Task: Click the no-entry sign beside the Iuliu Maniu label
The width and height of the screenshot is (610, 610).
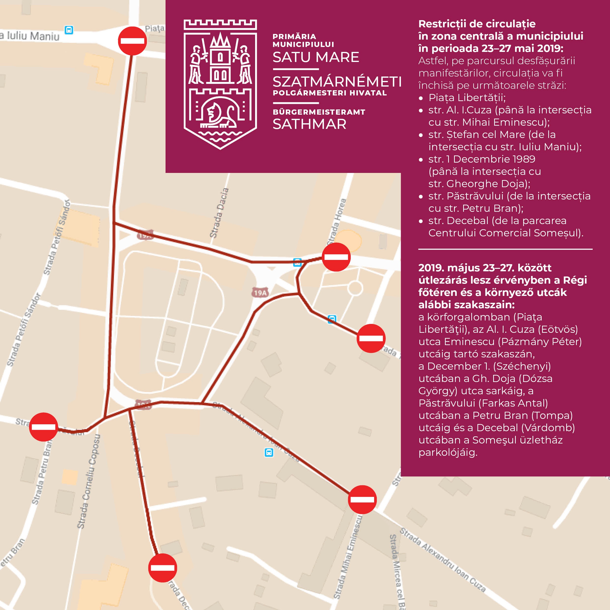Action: (132, 41)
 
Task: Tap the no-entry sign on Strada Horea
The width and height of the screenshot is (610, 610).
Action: (336, 257)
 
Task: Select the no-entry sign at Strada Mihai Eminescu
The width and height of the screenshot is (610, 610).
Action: (362, 500)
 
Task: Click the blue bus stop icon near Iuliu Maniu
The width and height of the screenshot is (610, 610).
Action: (69, 30)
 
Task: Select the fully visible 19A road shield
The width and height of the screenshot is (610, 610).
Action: (260, 293)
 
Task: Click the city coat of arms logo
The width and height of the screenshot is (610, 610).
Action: (220, 84)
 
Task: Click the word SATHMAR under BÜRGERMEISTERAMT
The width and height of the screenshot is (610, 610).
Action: (309, 124)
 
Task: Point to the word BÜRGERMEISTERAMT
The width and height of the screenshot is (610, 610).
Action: (319, 112)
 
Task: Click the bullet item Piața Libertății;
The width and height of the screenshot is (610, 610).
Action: (467, 98)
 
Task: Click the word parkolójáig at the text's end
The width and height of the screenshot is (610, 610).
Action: (448, 452)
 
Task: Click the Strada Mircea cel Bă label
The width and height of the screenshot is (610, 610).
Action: (397, 571)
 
